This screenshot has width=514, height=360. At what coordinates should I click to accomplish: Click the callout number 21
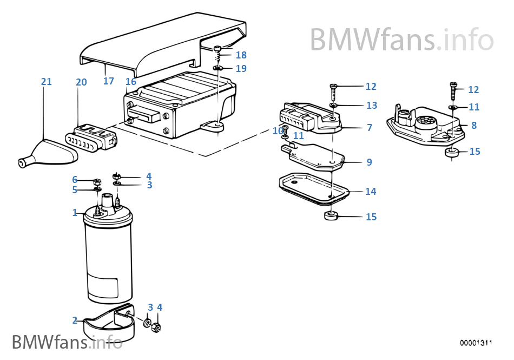tap(47, 82)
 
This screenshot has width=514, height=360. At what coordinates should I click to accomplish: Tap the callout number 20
tap(81, 82)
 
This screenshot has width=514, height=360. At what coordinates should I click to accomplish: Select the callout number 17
tap(109, 81)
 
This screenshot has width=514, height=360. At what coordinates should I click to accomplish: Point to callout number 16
tap(130, 82)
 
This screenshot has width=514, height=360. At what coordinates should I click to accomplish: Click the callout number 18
tap(241, 55)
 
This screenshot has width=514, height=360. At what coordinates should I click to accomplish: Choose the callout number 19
tap(241, 69)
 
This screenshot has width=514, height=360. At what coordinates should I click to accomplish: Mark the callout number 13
tap(371, 105)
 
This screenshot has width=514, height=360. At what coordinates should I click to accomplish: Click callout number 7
tap(369, 128)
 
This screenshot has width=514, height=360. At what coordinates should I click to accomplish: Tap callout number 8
tap(473, 126)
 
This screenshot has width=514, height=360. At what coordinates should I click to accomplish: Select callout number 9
tap(369, 162)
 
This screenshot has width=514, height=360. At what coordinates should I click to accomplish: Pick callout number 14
tap(371, 192)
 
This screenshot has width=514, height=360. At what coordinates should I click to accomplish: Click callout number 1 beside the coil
tap(75, 213)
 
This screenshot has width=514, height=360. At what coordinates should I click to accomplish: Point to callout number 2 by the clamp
tap(75, 320)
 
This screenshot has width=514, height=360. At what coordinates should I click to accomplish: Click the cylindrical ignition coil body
tap(108, 260)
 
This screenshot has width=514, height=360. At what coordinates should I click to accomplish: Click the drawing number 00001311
tap(476, 343)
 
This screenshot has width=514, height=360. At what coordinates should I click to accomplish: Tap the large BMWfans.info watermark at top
tap(401, 40)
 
